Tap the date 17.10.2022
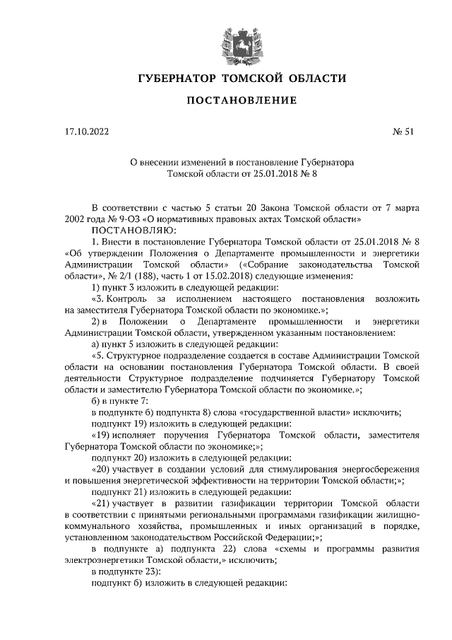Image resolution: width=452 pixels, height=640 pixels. coord(86,132)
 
